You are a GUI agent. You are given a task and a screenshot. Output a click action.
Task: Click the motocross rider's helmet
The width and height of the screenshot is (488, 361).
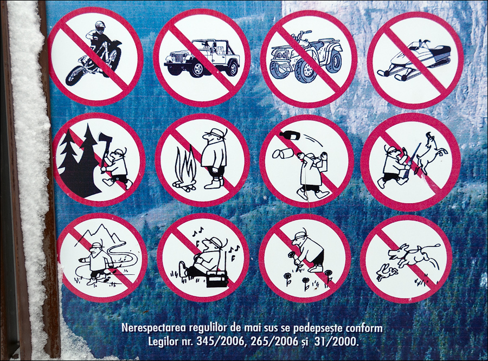(100, 27)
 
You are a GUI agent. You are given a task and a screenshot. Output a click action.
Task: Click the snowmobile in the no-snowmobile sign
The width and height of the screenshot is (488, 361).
(414, 59)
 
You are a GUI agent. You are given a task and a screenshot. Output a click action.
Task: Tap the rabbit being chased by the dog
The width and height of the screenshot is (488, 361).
(386, 273)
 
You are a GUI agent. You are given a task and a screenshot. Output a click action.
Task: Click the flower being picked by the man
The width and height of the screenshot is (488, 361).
(292, 255)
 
